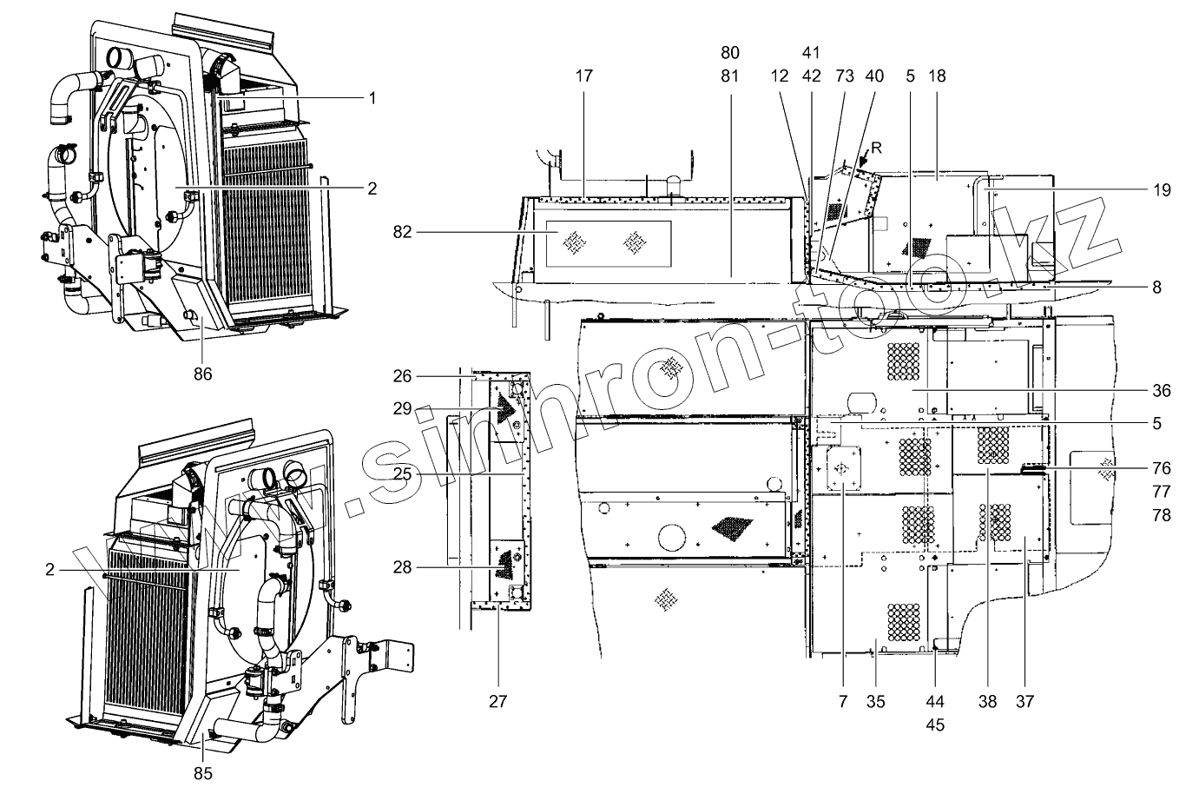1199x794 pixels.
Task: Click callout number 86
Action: click(x=203, y=374)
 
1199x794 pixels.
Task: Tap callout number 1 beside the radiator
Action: click(x=372, y=98)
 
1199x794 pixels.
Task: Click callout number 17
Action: click(x=583, y=76)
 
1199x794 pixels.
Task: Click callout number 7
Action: click(x=842, y=700)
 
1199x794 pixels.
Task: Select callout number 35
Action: click(x=876, y=700)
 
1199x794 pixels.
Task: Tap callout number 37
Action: click(x=1024, y=700)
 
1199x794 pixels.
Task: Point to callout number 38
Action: click(x=986, y=700)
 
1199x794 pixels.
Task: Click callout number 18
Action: click(x=939, y=76)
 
